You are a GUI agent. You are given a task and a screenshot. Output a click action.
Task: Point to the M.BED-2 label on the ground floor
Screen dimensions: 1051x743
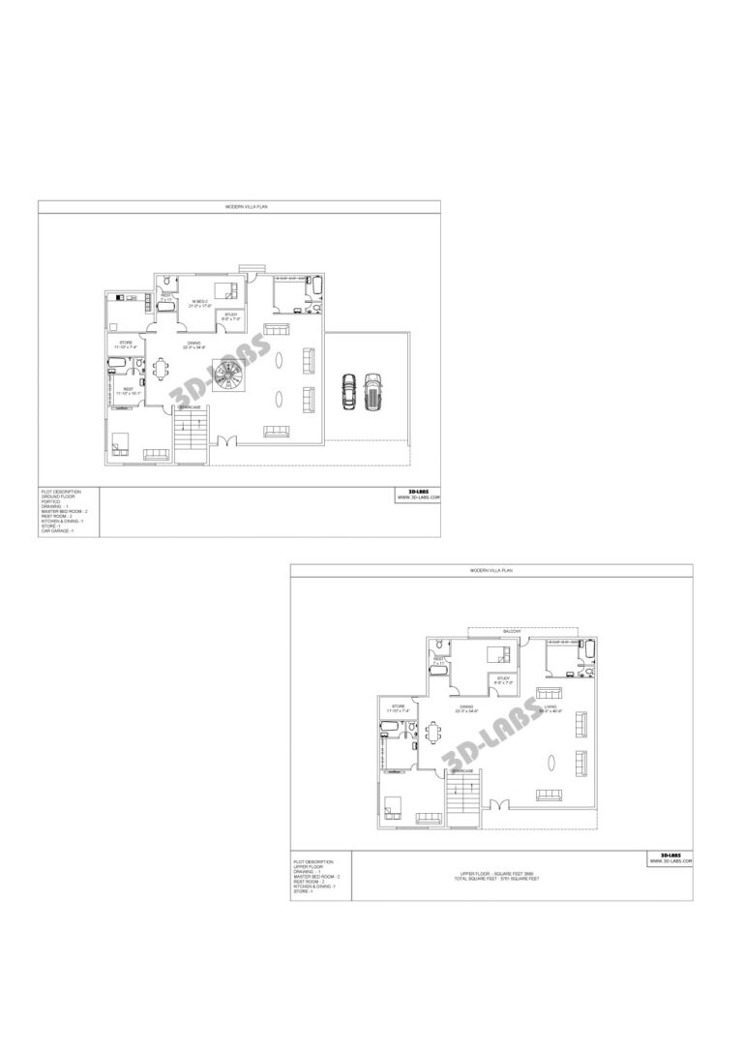201,302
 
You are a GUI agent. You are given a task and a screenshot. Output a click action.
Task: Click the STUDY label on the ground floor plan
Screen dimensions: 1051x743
230,315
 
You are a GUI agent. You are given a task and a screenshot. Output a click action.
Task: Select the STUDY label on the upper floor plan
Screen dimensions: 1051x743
503,678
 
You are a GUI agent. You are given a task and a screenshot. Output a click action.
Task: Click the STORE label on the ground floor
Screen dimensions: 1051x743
126,343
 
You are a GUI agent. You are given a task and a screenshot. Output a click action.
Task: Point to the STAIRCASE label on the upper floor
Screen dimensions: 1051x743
463,770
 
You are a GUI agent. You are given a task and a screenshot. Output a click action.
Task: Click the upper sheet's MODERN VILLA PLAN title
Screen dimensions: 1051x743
239,207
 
